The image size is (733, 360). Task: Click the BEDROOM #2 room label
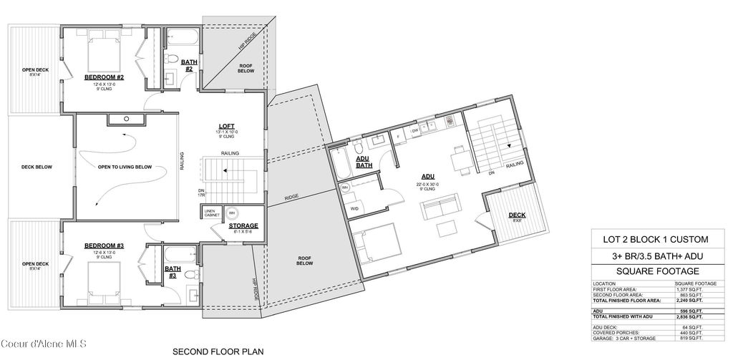(105, 77)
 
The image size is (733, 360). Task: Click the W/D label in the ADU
(355, 208)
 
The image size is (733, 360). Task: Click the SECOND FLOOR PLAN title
(218, 351)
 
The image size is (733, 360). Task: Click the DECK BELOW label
(34, 166)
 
